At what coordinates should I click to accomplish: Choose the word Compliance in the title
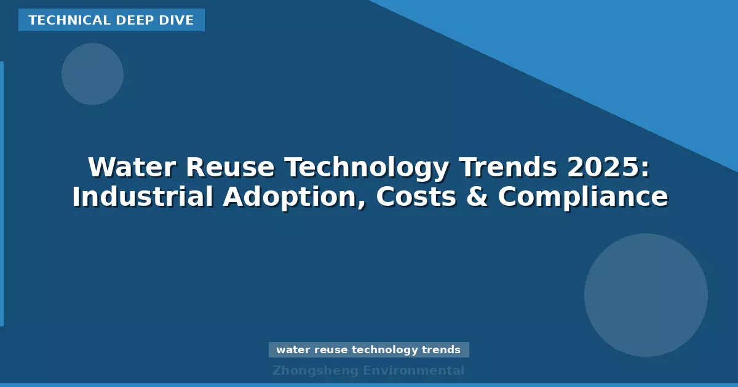tap(582, 197)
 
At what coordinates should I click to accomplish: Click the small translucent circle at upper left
tap(92, 74)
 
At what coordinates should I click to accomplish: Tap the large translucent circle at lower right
tap(646, 295)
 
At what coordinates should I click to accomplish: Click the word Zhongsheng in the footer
tap(315, 370)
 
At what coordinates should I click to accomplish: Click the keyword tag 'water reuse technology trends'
tap(368, 350)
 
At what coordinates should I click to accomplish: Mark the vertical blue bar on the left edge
tap(2, 193)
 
